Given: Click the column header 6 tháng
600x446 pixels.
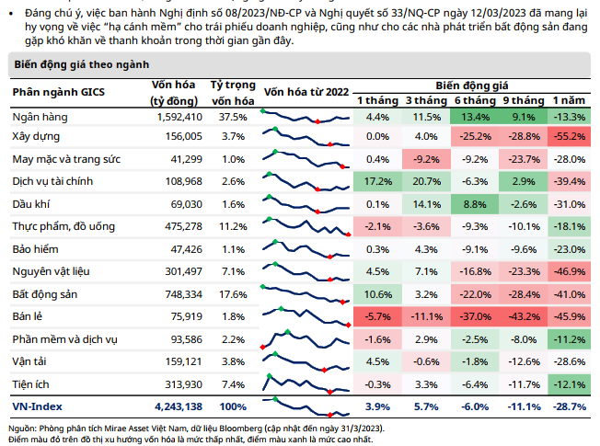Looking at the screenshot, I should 474,99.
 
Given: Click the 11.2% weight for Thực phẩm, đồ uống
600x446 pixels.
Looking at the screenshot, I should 234,225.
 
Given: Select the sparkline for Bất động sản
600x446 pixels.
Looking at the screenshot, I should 305,293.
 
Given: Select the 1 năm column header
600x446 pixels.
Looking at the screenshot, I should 570,99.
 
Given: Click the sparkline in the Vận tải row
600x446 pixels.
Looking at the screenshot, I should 305,360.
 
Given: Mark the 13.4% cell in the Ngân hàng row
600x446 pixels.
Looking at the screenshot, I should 475,118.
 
